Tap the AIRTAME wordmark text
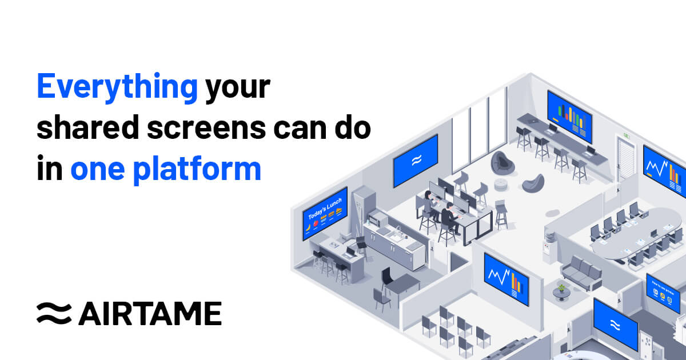coord(150,313)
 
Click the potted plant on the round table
coord(561,288)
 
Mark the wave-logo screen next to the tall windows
coord(415,160)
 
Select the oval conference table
coord(635,234)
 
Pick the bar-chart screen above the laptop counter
coord(570,117)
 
